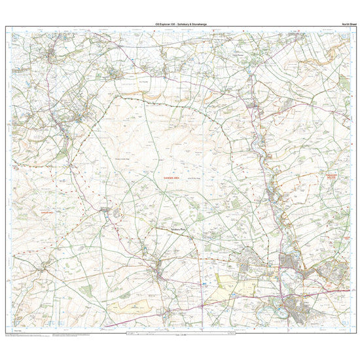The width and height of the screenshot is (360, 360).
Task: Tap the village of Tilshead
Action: point(106,210)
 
